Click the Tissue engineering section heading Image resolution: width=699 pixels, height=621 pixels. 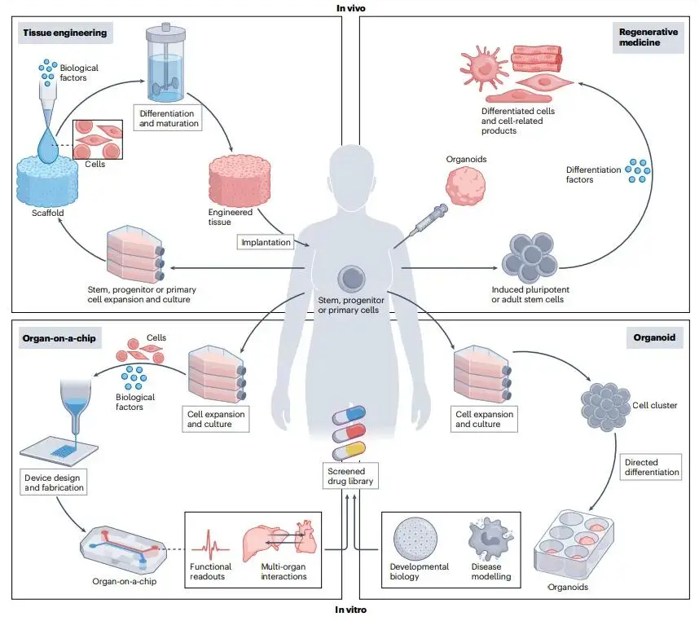63,33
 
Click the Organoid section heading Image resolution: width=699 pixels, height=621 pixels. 655,335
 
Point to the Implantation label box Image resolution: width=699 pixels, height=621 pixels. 266,242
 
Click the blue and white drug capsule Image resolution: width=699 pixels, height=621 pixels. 351,415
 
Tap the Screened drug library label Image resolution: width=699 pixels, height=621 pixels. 351,476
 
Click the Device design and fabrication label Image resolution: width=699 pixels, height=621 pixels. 52,482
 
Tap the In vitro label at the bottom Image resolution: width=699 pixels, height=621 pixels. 350,610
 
